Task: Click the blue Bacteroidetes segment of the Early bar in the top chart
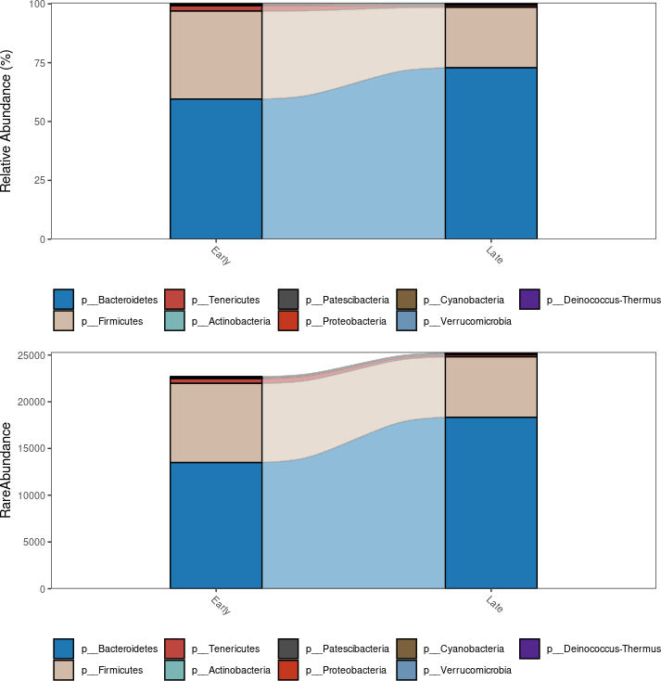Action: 216,169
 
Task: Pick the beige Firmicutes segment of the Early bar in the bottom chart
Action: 216,422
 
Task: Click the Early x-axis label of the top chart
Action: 221,255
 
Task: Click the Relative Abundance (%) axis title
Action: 7,122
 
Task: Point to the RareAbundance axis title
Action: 7,469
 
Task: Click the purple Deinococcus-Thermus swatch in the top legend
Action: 529,300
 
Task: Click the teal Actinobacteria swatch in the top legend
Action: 176,321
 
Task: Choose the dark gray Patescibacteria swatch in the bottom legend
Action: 289,649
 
